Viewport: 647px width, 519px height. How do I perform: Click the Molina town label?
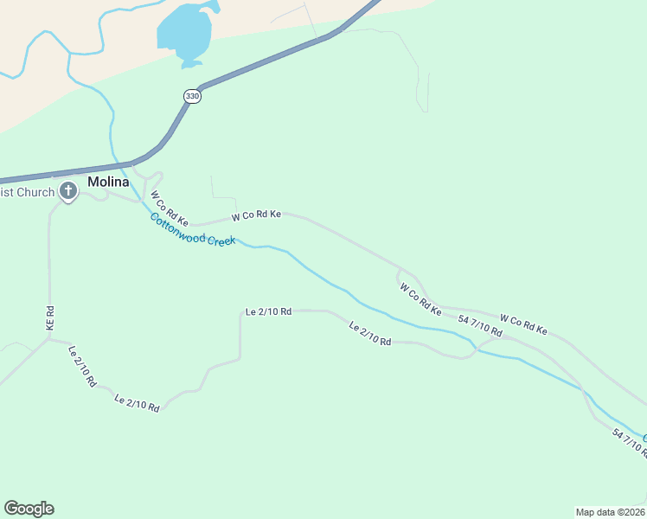(x=108, y=183)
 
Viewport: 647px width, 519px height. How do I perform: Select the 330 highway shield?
(x=192, y=96)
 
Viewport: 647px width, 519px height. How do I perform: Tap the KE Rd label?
(x=50, y=317)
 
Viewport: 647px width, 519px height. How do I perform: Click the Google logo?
(x=29, y=509)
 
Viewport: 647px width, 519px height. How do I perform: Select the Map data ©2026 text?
(x=610, y=512)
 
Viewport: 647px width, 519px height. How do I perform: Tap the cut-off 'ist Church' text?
(x=27, y=192)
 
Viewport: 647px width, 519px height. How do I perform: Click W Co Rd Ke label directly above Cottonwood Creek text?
(x=256, y=215)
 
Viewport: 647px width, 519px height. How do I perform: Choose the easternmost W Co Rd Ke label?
(x=523, y=324)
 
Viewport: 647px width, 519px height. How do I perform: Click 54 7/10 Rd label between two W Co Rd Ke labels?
(x=480, y=327)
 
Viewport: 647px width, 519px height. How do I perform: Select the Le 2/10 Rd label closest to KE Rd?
(x=81, y=366)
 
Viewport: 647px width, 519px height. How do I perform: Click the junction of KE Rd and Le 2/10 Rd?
(x=48, y=339)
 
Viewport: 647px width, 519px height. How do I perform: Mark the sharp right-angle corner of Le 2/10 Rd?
(x=240, y=311)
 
